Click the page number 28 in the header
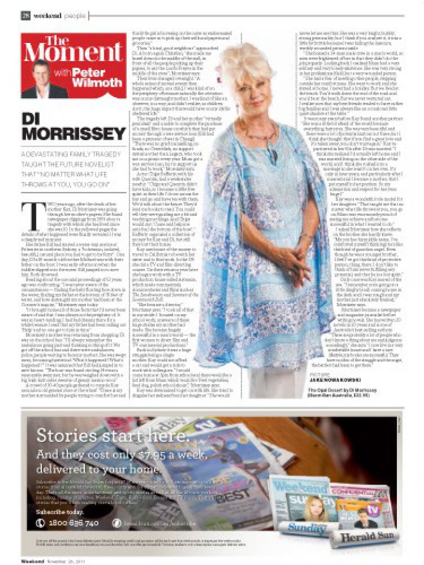point(26,15)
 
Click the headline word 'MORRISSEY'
point(66,134)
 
